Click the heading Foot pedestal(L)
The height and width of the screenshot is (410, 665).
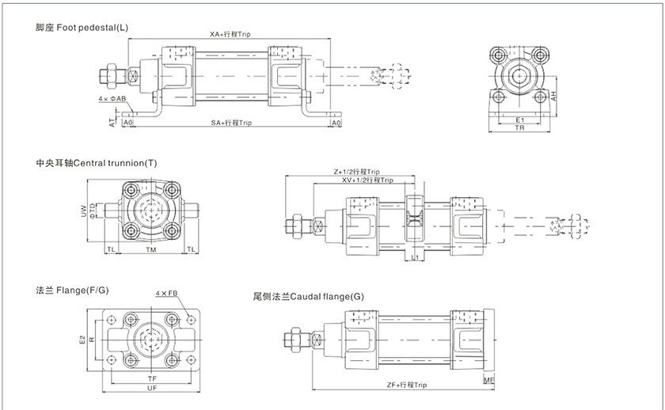(x=82, y=28)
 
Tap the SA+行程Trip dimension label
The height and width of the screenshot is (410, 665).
(x=231, y=123)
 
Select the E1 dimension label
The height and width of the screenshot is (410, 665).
(x=519, y=120)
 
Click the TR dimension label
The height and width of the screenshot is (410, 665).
(x=519, y=129)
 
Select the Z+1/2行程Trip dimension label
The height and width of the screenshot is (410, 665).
(x=357, y=171)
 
